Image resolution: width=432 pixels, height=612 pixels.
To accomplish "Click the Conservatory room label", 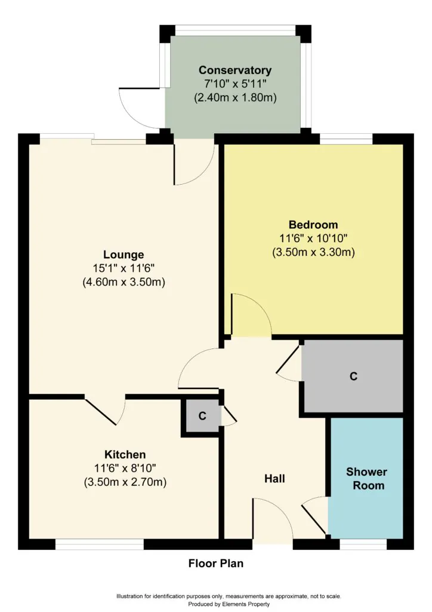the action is tap(235, 71).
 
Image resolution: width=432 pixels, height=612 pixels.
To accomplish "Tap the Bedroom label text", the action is tap(313, 225).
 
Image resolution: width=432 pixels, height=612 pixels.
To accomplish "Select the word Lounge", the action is tap(124, 255).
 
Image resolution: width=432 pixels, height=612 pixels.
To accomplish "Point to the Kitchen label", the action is tap(125, 455).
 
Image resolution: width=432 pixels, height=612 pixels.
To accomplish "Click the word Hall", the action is tap(274, 479).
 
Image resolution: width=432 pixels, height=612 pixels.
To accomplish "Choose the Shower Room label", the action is tap(366, 479).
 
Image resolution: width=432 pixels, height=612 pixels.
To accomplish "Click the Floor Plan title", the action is tap(216, 563).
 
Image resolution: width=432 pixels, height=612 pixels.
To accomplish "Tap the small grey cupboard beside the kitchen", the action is tap(202, 416).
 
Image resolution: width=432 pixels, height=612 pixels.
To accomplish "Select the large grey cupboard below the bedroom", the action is tap(353, 376).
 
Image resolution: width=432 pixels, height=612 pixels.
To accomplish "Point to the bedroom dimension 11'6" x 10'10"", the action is tap(313, 238).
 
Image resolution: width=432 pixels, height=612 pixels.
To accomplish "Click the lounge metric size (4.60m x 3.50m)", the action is tap(124, 282).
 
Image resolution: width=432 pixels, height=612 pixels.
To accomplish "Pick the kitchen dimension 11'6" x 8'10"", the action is tap(125, 468).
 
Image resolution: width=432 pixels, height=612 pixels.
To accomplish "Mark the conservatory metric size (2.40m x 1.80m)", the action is tap(235, 97).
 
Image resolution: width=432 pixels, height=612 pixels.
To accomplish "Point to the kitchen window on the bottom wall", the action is tap(99, 544).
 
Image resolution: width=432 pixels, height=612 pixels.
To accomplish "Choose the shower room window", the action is tap(363, 544).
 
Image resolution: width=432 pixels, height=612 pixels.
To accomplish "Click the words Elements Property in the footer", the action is tap(246, 604).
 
